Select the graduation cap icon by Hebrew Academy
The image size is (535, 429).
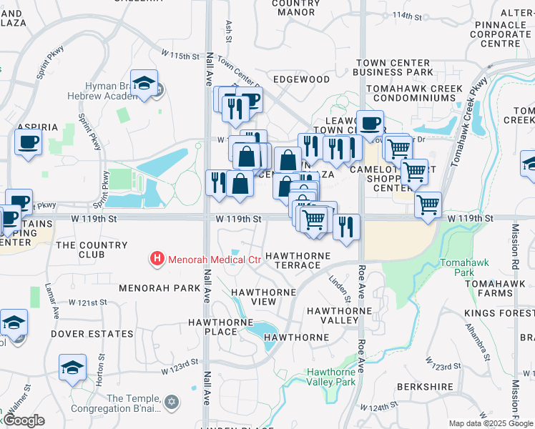(144, 84)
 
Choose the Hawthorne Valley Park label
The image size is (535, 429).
(331, 377)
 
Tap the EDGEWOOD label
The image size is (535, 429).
(301, 79)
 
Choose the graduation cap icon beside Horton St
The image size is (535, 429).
(72, 368)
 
